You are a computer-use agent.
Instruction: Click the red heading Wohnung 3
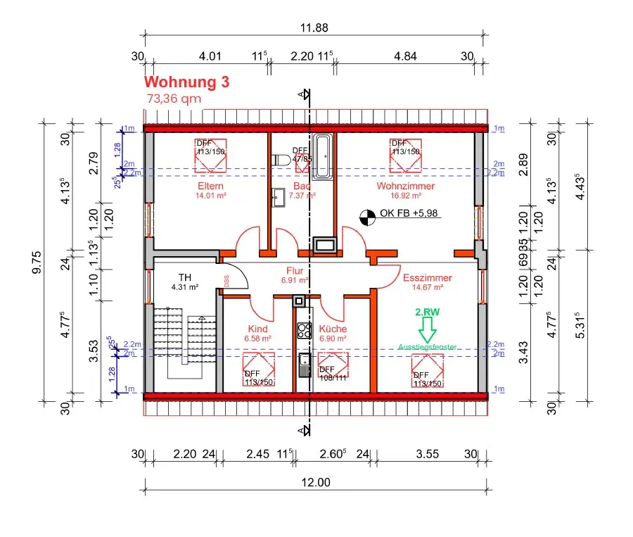[x=186, y=82]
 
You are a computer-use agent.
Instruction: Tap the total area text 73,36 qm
[x=173, y=99]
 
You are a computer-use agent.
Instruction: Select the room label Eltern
[x=210, y=186]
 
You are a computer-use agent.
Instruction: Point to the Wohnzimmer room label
[x=405, y=186]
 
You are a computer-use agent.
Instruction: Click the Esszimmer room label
[x=428, y=278]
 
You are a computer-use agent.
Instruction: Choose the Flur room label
[x=294, y=270]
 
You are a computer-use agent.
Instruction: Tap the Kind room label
[x=257, y=329]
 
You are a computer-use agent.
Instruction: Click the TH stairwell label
[x=185, y=277]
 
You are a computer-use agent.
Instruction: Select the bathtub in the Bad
[x=324, y=156]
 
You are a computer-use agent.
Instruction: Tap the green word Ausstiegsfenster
[x=427, y=347]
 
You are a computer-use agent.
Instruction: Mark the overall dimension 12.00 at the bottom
[x=316, y=482]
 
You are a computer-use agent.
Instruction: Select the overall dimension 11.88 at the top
[x=314, y=28]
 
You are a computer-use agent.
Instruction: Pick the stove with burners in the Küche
[x=304, y=331]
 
